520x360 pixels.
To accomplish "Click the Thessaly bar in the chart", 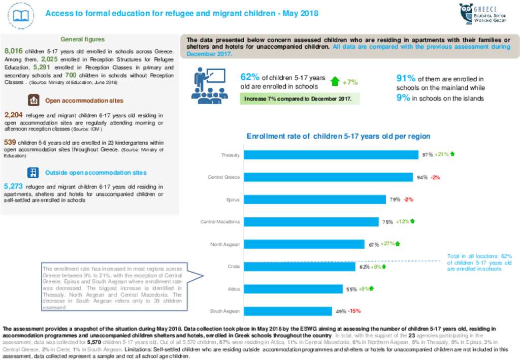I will [331, 155].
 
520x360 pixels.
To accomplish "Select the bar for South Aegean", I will [287, 311].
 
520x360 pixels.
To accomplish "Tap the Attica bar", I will [293, 289].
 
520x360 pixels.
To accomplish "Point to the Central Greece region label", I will [223, 177].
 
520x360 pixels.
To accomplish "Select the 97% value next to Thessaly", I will [427, 154].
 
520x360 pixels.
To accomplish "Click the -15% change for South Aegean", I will [354, 311].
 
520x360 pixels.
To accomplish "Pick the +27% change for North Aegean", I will [387, 244].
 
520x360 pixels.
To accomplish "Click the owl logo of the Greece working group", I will [466, 14].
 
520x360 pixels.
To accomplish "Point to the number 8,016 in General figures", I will [14, 51].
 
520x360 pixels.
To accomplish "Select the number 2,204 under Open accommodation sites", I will [13, 115].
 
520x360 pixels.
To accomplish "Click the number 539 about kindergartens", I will [10, 142].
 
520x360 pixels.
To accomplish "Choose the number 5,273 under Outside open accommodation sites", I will [13, 186].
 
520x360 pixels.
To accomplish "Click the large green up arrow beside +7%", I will [335, 81].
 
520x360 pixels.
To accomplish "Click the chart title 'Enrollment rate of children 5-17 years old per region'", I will [338, 136].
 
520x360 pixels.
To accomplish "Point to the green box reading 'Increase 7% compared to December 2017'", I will [300, 99].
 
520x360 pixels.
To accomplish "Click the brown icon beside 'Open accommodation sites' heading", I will [34, 101].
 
